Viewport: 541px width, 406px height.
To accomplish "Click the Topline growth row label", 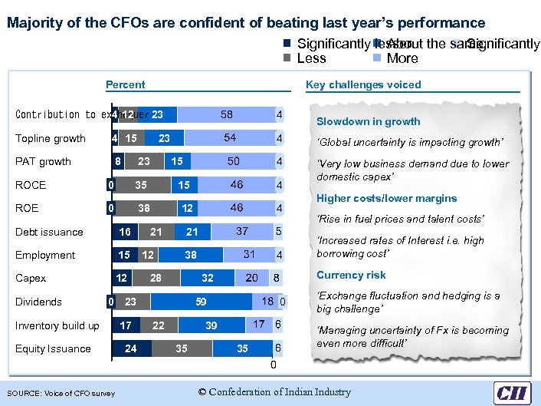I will pyautogui.click(x=51, y=139).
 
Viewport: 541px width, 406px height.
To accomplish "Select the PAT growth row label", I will pyautogui.click(x=44, y=162).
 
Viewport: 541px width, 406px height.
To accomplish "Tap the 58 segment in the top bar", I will pyautogui.click(x=227, y=115).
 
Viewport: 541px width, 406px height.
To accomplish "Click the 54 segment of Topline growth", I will pyautogui.click(x=230, y=138).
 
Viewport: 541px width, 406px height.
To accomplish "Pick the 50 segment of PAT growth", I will pyautogui.click(x=233, y=161).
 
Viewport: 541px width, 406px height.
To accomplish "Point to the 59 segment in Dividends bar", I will pyautogui.click(x=200, y=302).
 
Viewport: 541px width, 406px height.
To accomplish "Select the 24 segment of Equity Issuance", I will pyautogui.click(x=131, y=348).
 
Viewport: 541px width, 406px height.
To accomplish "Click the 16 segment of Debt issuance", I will pyautogui.click(x=125, y=232).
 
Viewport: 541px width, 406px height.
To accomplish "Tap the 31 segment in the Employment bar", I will pyautogui.click(x=249, y=255).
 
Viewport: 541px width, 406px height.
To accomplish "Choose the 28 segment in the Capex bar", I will pyautogui.click(x=156, y=278).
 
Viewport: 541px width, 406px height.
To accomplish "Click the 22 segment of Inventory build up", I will pyautogui.click(x=158, y=325).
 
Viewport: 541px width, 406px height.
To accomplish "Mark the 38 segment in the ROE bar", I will pyautogui.click(x=143, y=208).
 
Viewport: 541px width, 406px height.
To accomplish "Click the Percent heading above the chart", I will pyautogui.click(x=125, y=85).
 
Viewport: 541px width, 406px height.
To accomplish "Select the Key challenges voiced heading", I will pyautogui.click(x=363, y=85).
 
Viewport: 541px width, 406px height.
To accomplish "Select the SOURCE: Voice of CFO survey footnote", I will pyautogui.click(x=61, y=394).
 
